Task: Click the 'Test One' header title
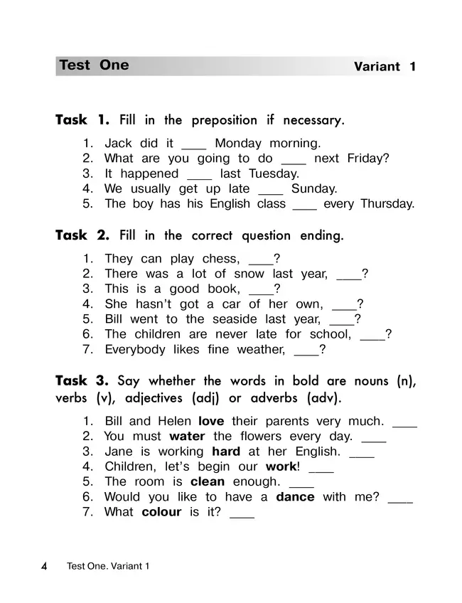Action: click(94, 65)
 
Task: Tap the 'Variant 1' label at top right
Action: click(385, 67)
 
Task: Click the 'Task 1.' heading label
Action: click(82, 120)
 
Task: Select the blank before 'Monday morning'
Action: click(193, 144)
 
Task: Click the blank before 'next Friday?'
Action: click(293, 159)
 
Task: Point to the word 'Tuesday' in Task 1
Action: click(274, 174)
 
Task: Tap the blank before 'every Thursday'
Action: click(304, 205)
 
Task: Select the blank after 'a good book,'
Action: click(262, 290)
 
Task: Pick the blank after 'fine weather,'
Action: click(306, 351)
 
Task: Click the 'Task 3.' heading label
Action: click(82, 380)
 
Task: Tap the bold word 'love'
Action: click(211, 421)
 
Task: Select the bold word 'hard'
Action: click(226, 452)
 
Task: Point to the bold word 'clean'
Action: click(208, 481)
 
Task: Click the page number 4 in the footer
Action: click(44, 567)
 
